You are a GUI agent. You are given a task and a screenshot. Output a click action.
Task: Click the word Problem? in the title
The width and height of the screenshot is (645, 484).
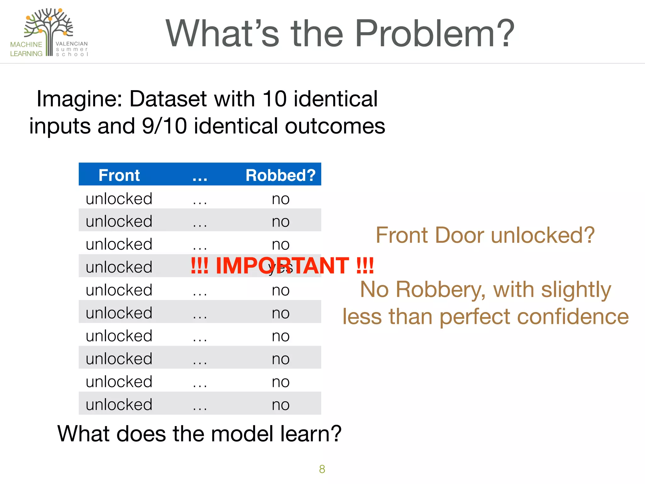pos(435,34)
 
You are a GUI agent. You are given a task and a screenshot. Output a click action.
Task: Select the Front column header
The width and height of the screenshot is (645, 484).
pos(119,175)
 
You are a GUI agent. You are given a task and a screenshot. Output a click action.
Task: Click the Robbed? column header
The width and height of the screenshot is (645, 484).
pos(280,175)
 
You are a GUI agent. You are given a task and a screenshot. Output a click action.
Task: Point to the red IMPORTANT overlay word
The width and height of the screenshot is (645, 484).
pos(282,266)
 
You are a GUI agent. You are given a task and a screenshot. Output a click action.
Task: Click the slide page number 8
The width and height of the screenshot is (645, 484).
pos(322,469)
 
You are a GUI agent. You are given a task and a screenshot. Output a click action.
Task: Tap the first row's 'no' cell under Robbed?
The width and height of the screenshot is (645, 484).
pos(281,199)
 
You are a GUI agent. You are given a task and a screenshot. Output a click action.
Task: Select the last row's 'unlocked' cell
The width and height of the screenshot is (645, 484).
pos(119,405)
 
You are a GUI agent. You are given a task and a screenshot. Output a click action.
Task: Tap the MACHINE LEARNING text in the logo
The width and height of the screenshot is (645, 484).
pos(26,49)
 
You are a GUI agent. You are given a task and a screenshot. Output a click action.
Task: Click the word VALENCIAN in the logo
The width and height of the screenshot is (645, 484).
pos(72,44)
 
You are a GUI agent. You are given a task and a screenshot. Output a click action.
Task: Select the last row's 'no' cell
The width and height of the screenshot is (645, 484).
pos(281,405)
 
